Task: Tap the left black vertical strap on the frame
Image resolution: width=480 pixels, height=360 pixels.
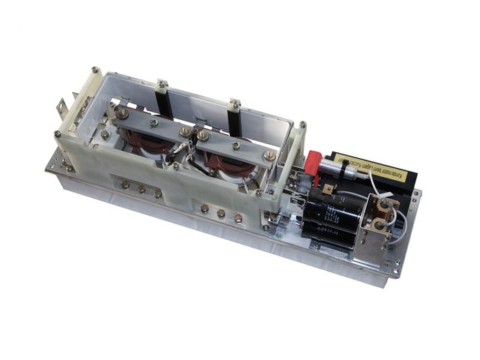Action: (x=163, y=104)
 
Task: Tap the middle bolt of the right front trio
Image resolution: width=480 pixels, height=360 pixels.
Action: (x=221, y=214)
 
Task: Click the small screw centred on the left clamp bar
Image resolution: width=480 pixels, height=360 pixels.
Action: (x=154, y=122)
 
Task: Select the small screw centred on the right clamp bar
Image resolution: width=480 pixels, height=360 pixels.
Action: (x=235, y=145)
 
